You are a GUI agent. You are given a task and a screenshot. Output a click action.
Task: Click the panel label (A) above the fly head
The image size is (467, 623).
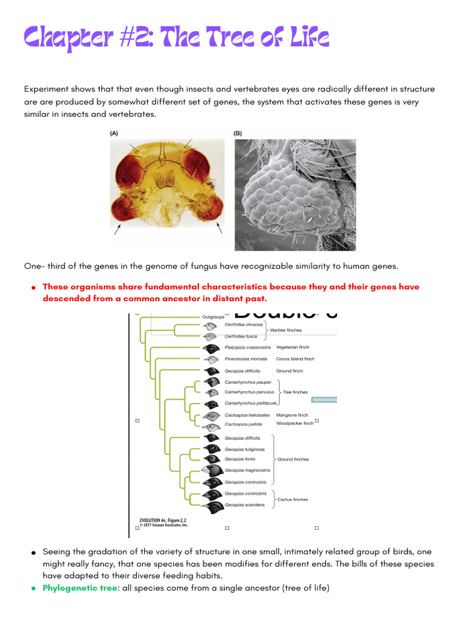tap(114, 133)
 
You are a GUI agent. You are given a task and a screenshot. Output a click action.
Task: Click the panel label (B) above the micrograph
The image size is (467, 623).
tap(238, 133)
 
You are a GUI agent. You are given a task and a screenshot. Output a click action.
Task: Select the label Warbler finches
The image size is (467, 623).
tap(286, 330)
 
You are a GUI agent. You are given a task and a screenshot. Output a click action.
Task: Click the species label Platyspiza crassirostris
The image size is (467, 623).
tap(247, 347)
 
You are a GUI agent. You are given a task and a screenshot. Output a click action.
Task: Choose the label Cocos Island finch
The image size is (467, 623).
tap(295, 359)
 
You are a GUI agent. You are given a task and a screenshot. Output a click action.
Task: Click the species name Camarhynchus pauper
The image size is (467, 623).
tap(247, 382)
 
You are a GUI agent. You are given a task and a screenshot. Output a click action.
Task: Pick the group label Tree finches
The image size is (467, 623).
tap(295, 392)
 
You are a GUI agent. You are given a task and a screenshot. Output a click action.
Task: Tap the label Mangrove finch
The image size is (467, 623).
tap(292, 415)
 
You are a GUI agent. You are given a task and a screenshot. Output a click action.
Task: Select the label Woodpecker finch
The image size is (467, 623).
tap(294, 423)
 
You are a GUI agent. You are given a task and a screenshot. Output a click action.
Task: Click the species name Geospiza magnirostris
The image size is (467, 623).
tap(247, 470)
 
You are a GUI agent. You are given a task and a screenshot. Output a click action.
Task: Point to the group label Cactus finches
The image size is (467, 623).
tap(292, 499)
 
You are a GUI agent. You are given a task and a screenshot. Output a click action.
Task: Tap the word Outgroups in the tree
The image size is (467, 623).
tap(213, 317)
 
